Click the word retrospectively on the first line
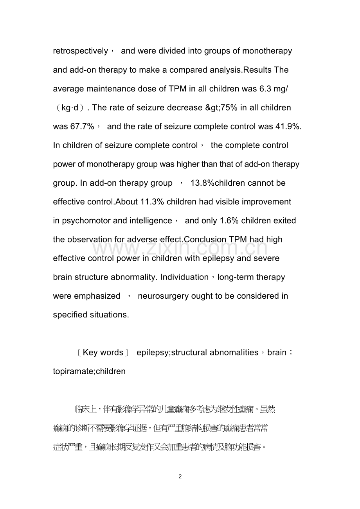click(x=81, y=51)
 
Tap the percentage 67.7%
click(x=74, y=126)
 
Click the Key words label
click(x=103, y=352)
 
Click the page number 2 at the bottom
click(x=180, y=476)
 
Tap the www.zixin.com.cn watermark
click(x=180, y=248)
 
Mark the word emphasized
click(x=86, y=296)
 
